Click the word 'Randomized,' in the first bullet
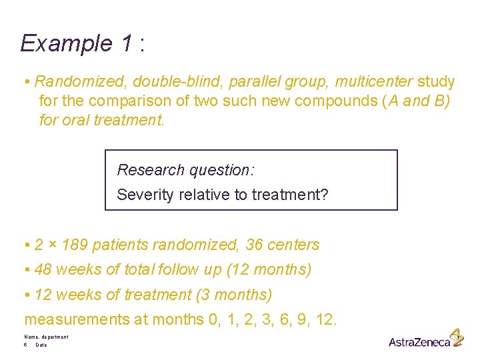80,82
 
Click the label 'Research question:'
185,170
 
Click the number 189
74,245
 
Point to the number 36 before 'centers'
254,245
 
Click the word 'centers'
293,245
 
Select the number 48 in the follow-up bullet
43,270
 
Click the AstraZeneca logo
425,340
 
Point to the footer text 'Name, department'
46,337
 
